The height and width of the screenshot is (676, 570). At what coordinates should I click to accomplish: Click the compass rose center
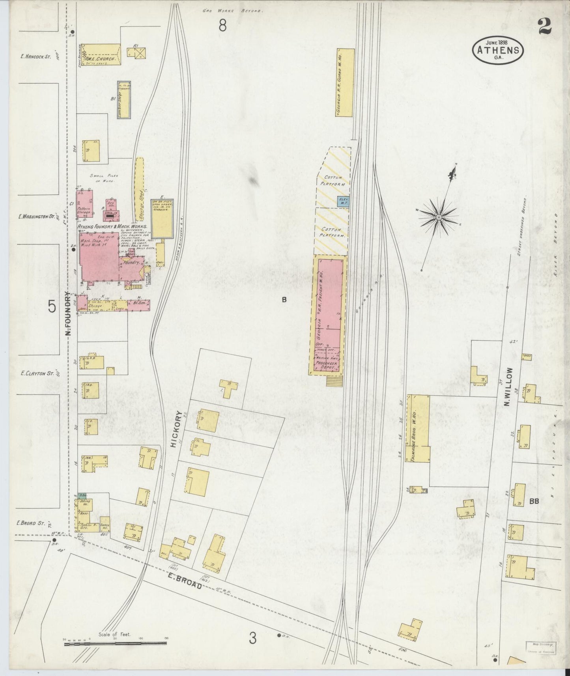(x=439, y=217)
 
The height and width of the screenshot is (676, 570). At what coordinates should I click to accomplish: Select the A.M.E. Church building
(x=101, y=54)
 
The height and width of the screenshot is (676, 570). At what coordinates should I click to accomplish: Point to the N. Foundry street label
(x=68, y=314)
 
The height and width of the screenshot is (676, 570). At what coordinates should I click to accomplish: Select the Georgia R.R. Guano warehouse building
(x=345, y=83)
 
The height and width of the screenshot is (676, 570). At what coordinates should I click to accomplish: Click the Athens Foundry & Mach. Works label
(x=113, y=227)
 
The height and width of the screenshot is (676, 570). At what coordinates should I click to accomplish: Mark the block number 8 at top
(x=223, y=26)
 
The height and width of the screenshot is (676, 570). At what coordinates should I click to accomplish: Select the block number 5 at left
(x=52, y=306)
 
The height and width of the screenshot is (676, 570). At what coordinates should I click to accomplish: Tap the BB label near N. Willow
(x=534, y=501)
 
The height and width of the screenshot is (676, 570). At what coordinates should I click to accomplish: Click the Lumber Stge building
(x=123, y=100)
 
